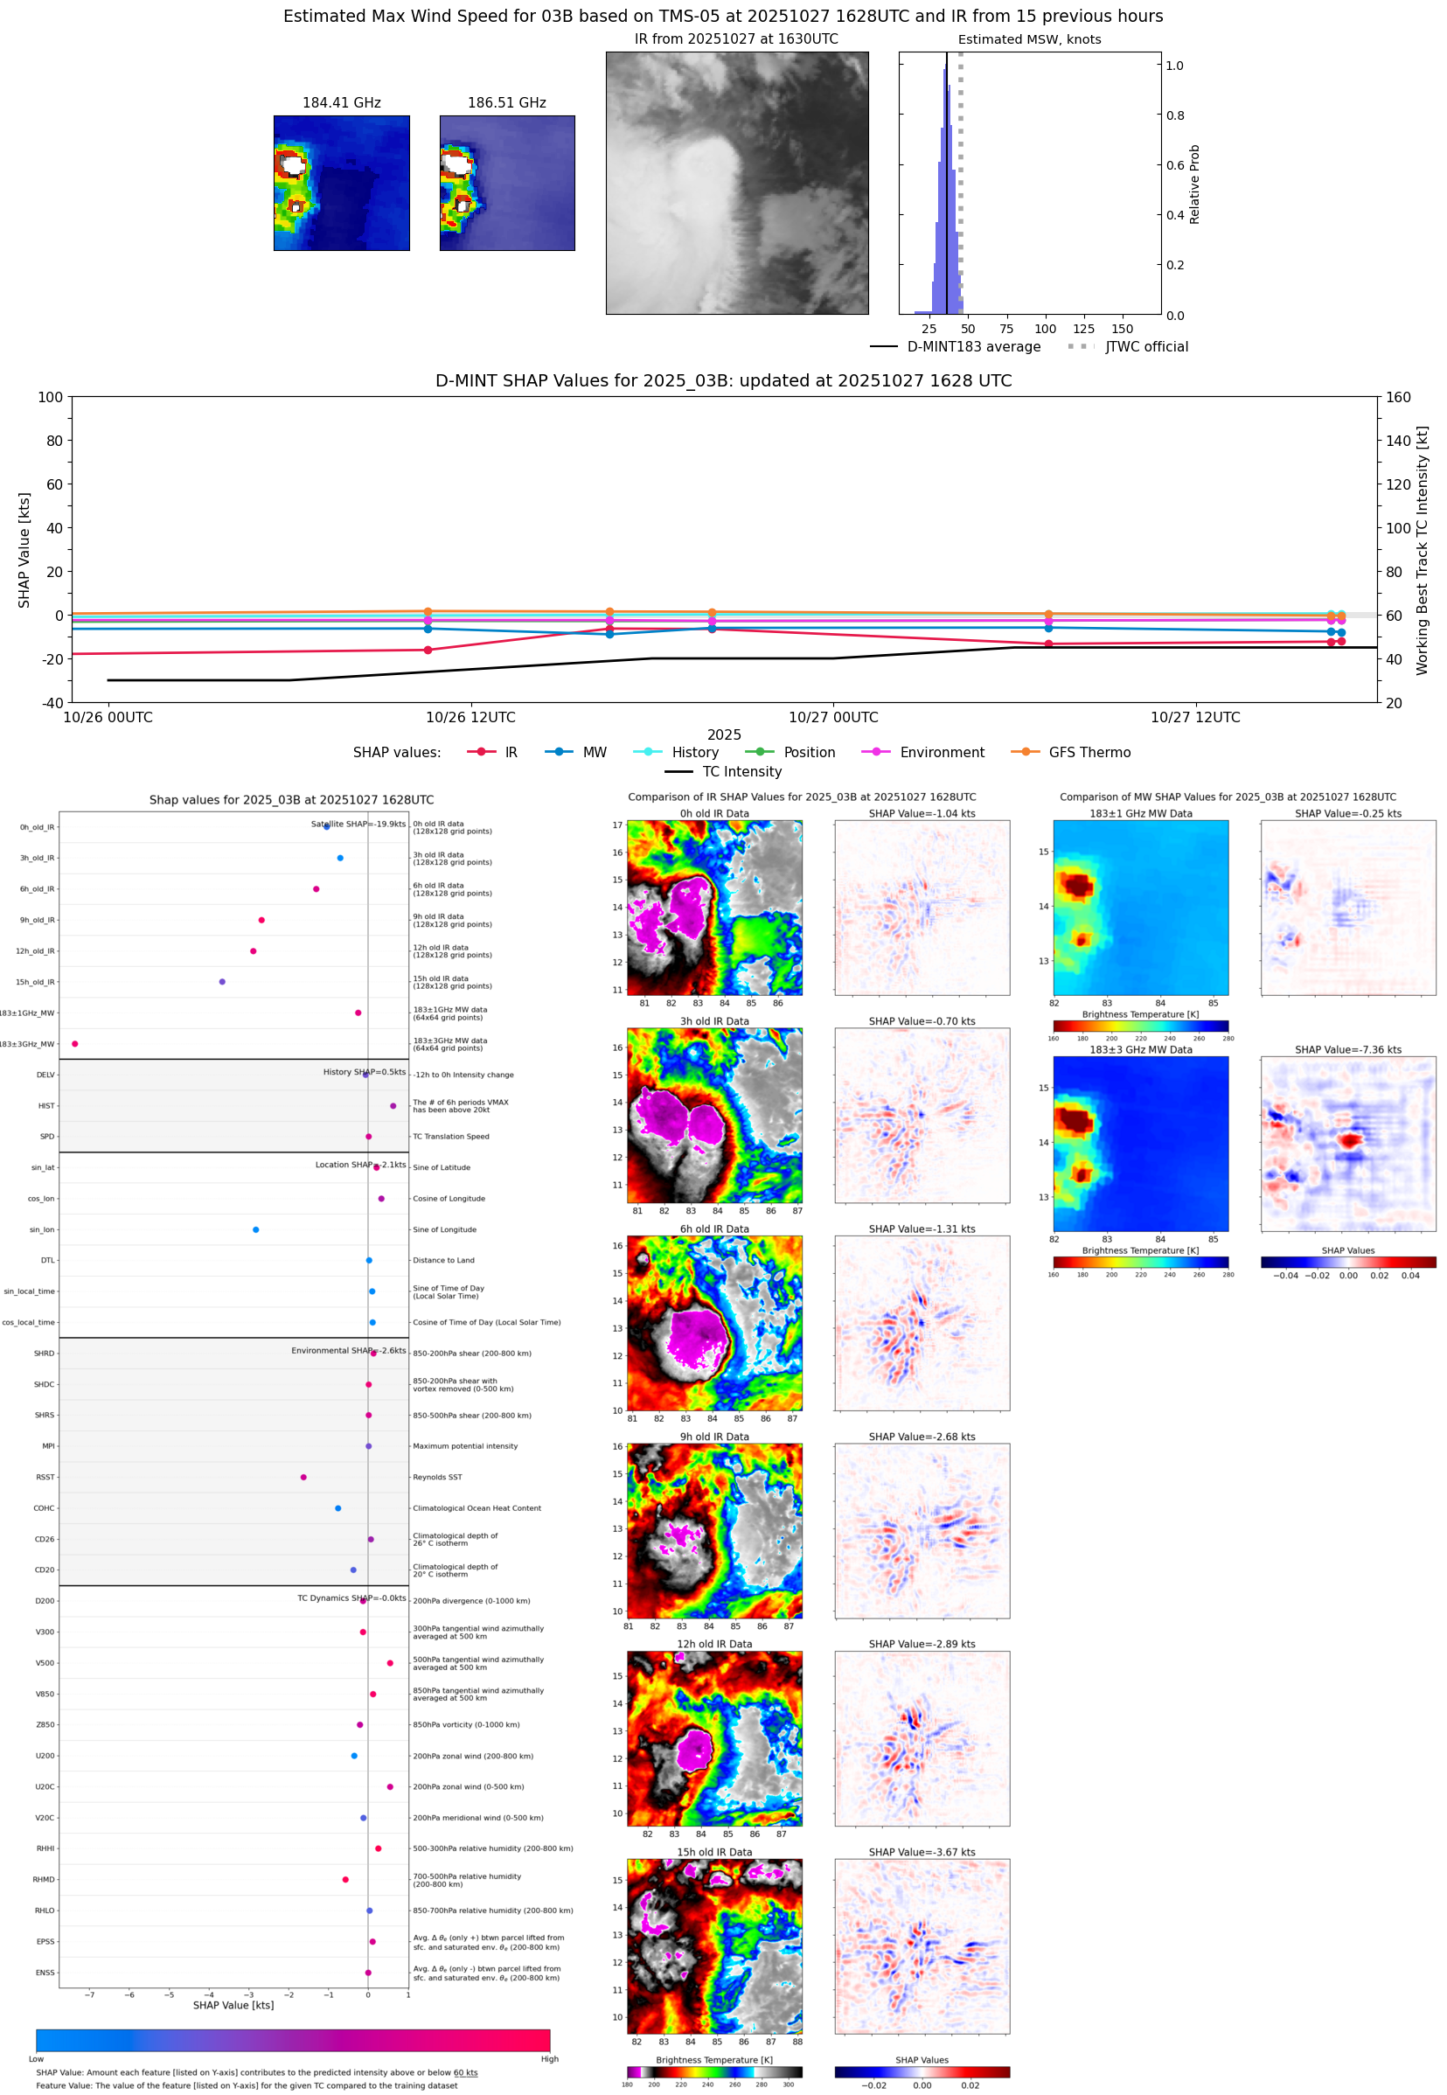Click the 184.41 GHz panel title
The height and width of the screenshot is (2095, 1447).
341,102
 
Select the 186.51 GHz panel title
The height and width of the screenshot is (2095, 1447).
506,102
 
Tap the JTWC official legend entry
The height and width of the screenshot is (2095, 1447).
1146,346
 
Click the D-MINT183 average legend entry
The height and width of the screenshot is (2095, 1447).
973,346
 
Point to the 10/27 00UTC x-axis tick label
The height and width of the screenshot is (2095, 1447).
832,717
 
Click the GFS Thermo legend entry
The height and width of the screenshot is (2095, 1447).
1089,753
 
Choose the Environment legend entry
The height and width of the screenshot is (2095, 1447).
941,753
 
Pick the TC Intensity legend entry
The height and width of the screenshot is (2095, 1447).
741,771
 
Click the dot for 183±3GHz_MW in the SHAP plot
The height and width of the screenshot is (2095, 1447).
75,1043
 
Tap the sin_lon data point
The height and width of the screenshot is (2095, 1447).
255,1229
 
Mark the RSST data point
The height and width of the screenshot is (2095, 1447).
303,1477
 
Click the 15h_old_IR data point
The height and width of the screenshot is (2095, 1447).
222,982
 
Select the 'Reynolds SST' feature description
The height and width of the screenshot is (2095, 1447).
437,1477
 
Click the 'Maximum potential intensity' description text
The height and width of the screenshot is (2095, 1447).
465,1446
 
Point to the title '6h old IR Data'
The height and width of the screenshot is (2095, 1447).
714,1229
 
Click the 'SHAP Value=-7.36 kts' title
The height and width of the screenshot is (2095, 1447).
1347,1050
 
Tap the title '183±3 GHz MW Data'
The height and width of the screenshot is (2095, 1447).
1141,1050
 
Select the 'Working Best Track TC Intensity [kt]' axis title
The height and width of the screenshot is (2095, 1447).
1422,549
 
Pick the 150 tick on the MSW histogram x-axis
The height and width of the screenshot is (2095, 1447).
1122,329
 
